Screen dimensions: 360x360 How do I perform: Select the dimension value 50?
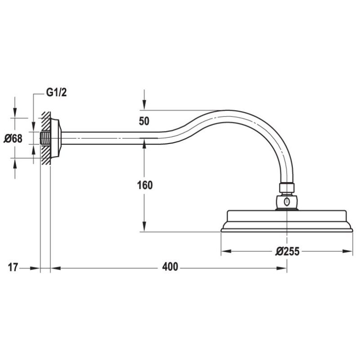pyautogui.click(x=144, y=121)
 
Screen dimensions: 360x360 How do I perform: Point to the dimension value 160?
pyautogui.click(x=144, y=185)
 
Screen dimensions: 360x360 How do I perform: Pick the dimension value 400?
pyautogui.click(x=170, y=267)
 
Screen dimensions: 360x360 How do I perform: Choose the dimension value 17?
pyautogui.click(x=13, y=267)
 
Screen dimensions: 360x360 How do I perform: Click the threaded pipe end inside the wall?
pyautogui.click(x=45, y=138)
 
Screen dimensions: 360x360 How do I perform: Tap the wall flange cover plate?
pyautogui.click(x=56, y=138)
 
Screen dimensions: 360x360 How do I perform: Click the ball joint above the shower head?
pyautogui.click(x=287, y=201)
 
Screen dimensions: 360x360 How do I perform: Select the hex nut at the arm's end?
pyautogui.click(x=287, y=187)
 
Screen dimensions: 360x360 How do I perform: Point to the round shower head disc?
pyautogui.click(x=287, y=223)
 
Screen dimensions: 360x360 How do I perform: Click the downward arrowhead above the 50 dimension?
pyautogui.click(x=144, y=106)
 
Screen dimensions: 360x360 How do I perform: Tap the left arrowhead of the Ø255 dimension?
pyautogui.click(x=224, y=251)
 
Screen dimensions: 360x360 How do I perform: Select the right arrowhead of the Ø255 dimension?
pyautogui.click(x=350, y=251)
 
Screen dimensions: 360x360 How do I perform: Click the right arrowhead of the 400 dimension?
pyautogui.click(x=283, y=268)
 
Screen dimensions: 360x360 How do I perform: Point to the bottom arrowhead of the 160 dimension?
pyautogui.click(x=144, y=228)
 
